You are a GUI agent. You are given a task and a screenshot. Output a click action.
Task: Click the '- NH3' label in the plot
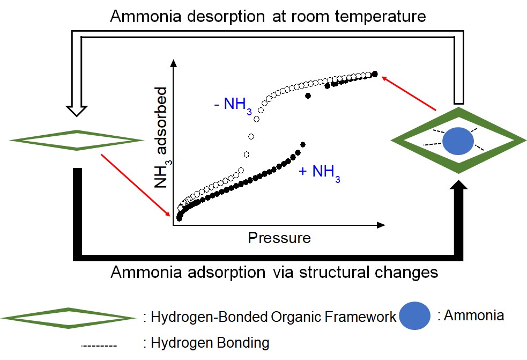[230, 105]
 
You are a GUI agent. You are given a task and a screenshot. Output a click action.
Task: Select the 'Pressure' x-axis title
[279, 238]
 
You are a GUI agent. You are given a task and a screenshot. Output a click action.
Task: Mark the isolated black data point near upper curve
[308, 95]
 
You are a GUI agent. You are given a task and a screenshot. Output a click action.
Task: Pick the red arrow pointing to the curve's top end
[410, 93]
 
